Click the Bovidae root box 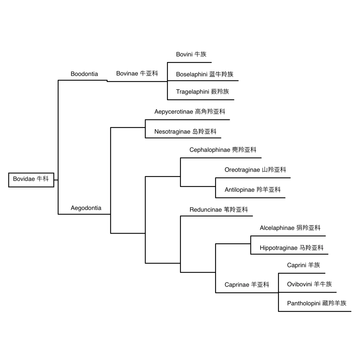tap(31, 180)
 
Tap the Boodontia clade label tap(84, 74)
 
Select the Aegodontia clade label tap(86, 208)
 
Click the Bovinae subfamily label tap(137, 73)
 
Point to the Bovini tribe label tap(191, 54)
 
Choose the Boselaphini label tap(205, 74)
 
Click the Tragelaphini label tap(203, 92)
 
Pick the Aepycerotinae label tap(190, 112)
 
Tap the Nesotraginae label tap(185, 132)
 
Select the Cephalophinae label tap(223, 150)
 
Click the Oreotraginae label tap(255, 170)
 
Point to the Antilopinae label tap(253, 190)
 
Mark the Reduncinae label tap(219, 210)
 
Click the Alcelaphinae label tap(290, 228)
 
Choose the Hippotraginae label tap(292, 248)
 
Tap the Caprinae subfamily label tap(247, 285)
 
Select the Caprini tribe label tap(303, 265)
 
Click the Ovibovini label tap(309, 284)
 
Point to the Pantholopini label tap(317, 303)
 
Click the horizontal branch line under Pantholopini tap(315, 311)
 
